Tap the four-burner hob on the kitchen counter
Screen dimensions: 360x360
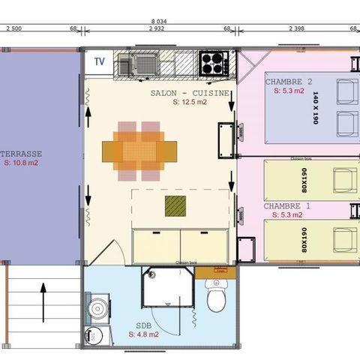(212, 62)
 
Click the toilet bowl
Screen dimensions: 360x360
(217, 300)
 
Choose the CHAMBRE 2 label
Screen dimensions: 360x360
(288, 82)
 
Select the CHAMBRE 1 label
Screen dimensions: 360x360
(286, 205)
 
